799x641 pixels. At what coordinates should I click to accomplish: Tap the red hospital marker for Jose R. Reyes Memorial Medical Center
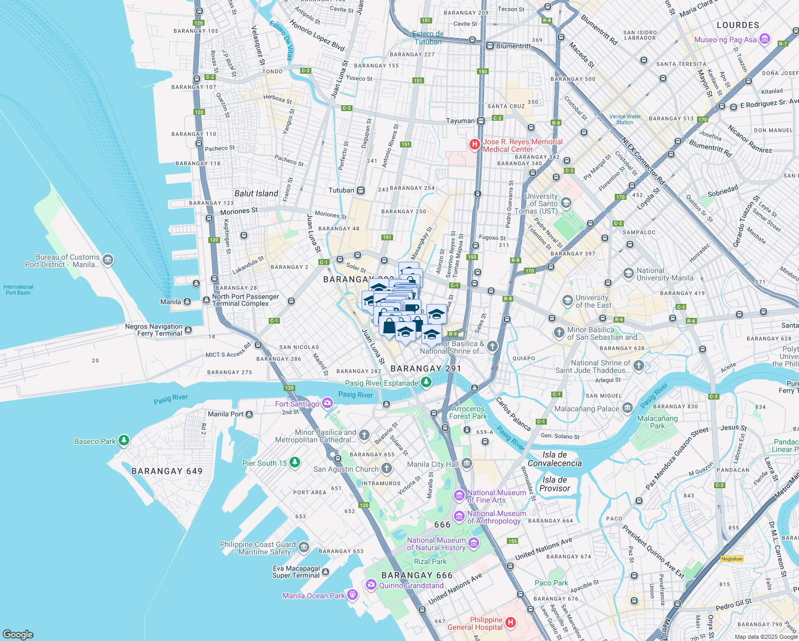[x=474, y=144]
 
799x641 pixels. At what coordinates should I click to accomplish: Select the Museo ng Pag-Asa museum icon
[x=764, y=39]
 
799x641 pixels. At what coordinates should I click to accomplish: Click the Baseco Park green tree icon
[x=124, y=440]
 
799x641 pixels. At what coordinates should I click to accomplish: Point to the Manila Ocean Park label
[x=314, y=596]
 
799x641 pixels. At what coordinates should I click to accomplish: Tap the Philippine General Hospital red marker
[x=510, y=622]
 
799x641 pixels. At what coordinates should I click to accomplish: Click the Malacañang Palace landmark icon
[x=627, y=408]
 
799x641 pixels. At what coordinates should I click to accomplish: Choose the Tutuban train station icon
[x=361, y=190]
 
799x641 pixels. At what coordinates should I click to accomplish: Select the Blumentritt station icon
[x=489, y=46]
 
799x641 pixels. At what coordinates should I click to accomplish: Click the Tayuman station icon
[x=481, y=121]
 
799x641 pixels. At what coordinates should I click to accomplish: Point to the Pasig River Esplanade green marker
[x=426, y=382]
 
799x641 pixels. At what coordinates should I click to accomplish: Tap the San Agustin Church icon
[x=386, y=468]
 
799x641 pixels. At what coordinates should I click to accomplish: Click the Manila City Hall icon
[x=467, y=463]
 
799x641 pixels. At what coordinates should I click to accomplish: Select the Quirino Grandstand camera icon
[x=371, y=585]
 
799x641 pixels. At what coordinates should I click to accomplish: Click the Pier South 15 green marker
[x=294, y=462]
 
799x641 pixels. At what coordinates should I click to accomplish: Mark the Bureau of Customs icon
[x=108, y=260]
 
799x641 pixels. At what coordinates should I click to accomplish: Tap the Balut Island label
[x=256, y=193]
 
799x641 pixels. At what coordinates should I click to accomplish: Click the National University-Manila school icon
[x=628, y=273]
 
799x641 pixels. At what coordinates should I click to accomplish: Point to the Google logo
[x=18, y=634]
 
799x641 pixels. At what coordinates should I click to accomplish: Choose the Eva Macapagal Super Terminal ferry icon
[x=326, y=572]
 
